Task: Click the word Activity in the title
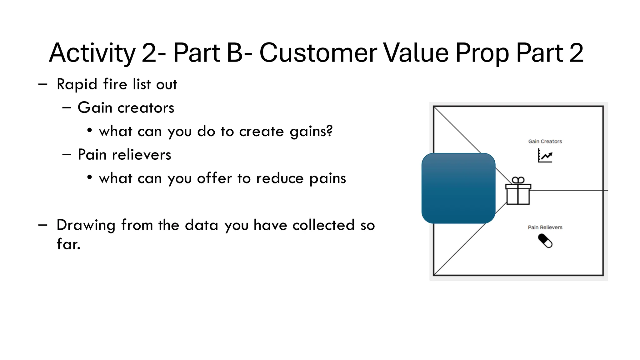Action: pyautogui.click(x=92, y=53)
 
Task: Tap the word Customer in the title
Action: pyautogui.click(x=318, y=53)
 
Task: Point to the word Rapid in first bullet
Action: pyautogui.click(x=77, y=84)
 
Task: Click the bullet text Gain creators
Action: pyautogui.click(x=126, y=108)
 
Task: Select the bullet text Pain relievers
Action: pyautogui.click(x=124, y=155)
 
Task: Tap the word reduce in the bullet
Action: pyautogui.click(x=280, y=178)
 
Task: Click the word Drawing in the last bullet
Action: pyautogui.click(x=86, y=226)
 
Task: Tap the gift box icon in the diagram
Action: pyautogui.click(x=518, y=191)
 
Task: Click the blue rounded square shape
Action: pyautogui.click(x=458, y=188)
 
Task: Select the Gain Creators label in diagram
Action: pyautogui.click(x=545, y=142)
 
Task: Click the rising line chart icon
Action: pyautogui.click(x=545, y=156)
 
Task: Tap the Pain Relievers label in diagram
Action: pyautogui.click(x=545, y=227)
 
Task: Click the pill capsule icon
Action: pyautogui.click(x=545, y=241)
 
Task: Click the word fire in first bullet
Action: pyautogui.click(x=115, y=84)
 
